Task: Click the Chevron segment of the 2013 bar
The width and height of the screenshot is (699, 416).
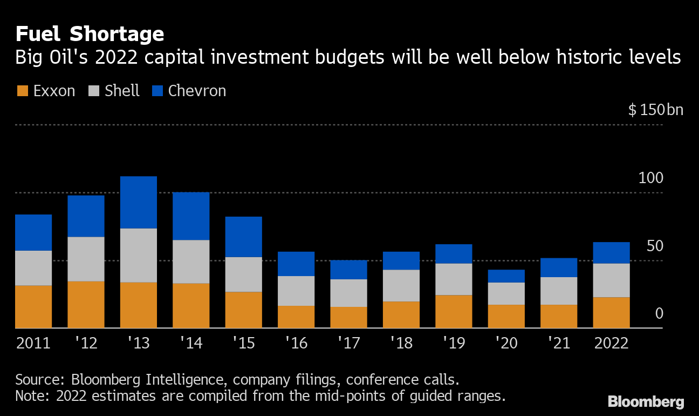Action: click(x=139, y=203)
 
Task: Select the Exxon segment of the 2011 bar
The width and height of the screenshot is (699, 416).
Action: click(x=33, y=306)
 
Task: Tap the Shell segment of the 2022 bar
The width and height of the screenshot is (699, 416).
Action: click(x=611, y=280)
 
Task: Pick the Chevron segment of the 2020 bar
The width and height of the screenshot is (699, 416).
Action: click(x=506, y=276)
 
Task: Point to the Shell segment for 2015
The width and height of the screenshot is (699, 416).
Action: click(x=243, y=274)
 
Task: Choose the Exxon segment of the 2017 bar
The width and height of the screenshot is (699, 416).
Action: click(x=348, y=317)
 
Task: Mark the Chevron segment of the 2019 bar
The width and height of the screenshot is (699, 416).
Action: click(x=454, y=254)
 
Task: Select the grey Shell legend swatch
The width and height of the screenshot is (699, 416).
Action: click(x=93, y=91)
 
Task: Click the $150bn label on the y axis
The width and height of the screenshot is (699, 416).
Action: click(x=655, y=110)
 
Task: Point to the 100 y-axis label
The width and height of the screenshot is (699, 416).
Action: click(x=650, y=178)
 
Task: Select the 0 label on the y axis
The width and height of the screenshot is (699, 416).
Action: click(x=659, y=314)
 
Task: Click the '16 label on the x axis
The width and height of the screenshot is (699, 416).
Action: click(x=296, y=344)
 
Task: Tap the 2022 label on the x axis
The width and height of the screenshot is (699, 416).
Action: click(x=611, y=344)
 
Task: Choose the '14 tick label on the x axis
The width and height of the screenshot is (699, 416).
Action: click(x=191, y=344)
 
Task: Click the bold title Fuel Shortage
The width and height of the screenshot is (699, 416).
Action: click(x=90, y=34)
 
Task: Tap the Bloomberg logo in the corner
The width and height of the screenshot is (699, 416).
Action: click(x=646, y=401)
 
